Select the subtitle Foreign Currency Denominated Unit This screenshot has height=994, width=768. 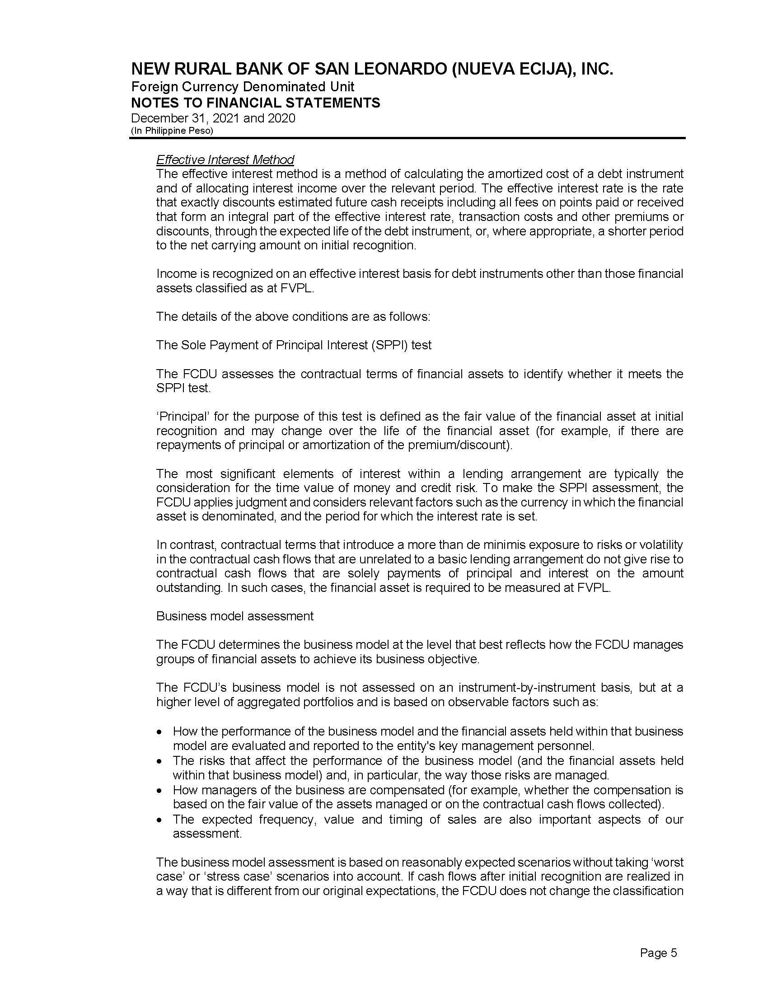243,86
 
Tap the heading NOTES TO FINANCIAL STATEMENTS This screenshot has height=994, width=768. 255,103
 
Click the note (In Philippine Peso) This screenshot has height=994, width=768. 172,131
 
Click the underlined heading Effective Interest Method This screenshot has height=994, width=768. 225,160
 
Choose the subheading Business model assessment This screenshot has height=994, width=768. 235,616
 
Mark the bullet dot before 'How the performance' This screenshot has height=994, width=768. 159,732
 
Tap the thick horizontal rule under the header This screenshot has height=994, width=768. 407,138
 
